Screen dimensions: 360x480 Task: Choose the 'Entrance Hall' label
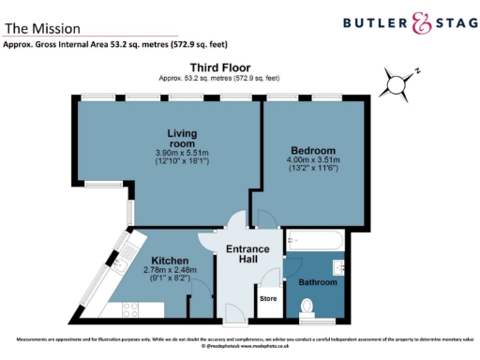247,254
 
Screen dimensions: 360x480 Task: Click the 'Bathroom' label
318,282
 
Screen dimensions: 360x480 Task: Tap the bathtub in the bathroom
315,242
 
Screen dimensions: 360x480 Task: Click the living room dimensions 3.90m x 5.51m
169,153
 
